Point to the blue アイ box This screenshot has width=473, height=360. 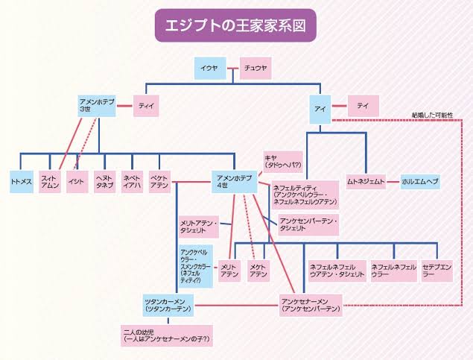(x=321, y=109)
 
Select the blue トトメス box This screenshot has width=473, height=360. (x=21, y=182)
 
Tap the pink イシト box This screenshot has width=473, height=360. (x=75, y=182)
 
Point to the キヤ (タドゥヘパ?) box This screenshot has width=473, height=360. (x=282, y=161)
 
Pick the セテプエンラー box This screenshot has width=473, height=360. (x=436, y=271)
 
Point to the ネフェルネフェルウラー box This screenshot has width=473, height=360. (x=393, y=271)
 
